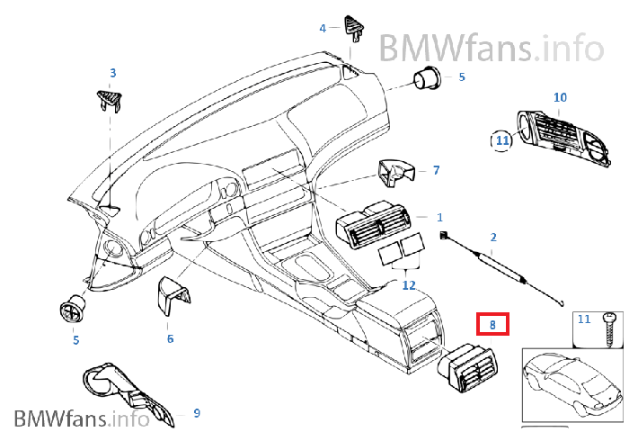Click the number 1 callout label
coord(439,217)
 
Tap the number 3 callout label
coord(113,72)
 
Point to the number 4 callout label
coord(323,28)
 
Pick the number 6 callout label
coord(169,338)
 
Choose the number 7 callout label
coord(436,169)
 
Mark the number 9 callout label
coord(197,413)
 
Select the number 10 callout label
coord(560,97)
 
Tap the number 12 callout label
coord(409,285)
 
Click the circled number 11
coord(501,139)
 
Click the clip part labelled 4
coord(353,26)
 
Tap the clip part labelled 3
coord(108,98)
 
